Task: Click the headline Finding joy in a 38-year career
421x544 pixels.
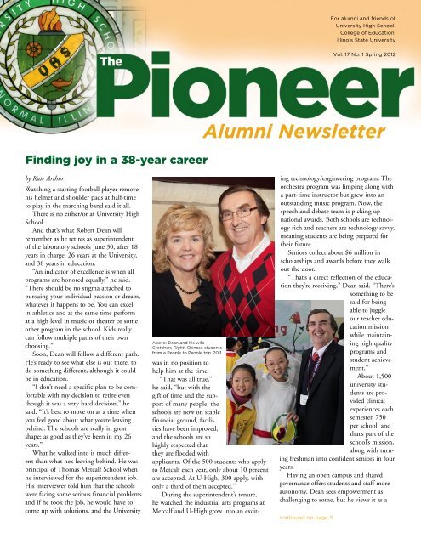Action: (x=116, y=159)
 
